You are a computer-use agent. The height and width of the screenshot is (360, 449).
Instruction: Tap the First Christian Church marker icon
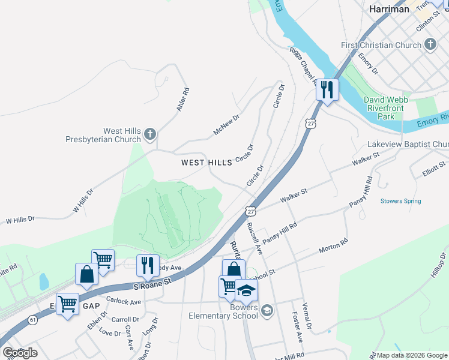click(430, 44)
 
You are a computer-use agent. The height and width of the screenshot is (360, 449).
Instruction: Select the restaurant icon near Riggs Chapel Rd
click(327, 90)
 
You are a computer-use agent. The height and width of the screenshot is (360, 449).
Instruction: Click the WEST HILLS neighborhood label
click(206, 163)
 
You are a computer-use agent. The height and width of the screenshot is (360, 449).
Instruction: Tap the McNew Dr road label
click(226, 125)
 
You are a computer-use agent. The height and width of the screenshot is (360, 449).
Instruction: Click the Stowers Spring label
click(400, 202)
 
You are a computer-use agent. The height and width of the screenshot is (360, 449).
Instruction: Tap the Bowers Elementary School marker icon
click(267, 310)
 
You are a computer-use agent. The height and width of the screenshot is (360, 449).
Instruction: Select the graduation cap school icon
click(246, 291)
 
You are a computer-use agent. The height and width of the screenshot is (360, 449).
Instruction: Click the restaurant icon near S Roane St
click(147, 265)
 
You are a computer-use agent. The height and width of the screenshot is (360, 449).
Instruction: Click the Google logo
click(20, 353)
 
